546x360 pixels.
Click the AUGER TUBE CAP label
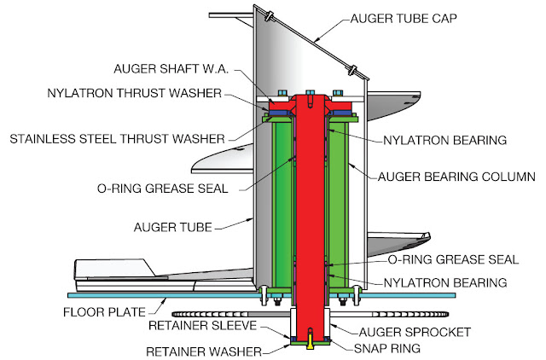[404, 19]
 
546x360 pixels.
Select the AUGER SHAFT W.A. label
[171, 68]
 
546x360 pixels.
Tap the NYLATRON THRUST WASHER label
[135, 93]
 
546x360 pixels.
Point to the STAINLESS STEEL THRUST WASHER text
[118, 139]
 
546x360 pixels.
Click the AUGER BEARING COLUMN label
[456, 177]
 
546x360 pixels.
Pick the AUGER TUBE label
[173, 228]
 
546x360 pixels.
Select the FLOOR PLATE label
[104, 312]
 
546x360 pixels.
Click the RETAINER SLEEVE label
[203, 326]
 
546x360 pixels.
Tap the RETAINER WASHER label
[204, 351]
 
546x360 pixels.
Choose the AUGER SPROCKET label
[415, 332]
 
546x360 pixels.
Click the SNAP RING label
[387, 348]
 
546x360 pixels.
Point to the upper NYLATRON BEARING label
[445, 140]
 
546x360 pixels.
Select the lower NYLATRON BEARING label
[445, 282]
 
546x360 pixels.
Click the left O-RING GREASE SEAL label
[163, 189]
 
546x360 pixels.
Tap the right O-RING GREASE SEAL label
[453, 259]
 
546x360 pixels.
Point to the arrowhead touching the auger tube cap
[317, 40]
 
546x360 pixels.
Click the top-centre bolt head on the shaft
[311, 93]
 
